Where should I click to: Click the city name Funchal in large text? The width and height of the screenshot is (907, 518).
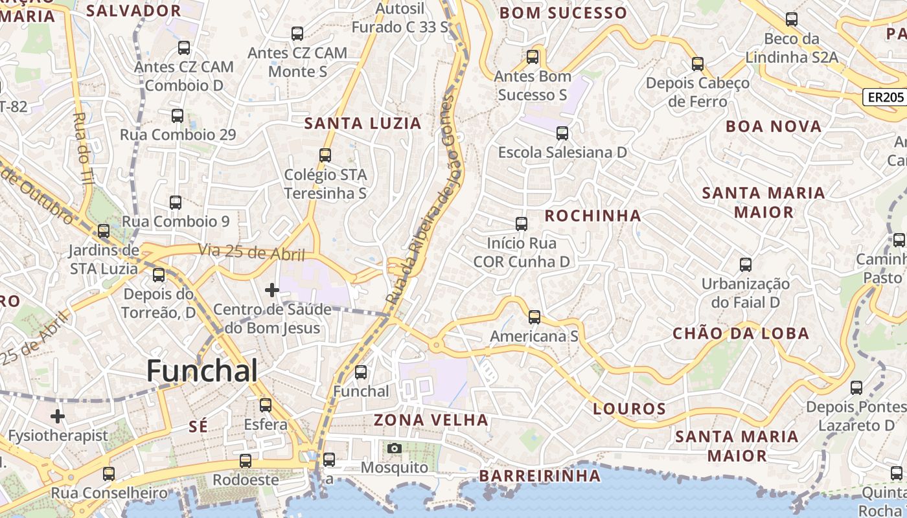coord(202,371)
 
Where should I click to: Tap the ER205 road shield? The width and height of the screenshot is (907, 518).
coord(884,97)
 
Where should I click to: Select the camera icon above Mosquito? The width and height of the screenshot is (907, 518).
coord(394,448)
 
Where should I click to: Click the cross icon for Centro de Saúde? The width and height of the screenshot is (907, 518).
coord(272,290)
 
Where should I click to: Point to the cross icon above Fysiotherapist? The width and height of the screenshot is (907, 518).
coord(58,416)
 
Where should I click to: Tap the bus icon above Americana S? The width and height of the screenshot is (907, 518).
coord(534,317)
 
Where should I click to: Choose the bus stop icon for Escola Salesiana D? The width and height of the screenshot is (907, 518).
coord(562,133)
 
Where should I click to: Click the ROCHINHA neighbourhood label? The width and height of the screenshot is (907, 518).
coord(593,216)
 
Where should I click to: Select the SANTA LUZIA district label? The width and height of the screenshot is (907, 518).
coord(363,123)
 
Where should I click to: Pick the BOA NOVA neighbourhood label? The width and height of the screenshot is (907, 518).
coord(774,126)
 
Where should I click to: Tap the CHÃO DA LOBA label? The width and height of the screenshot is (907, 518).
coord(741,333)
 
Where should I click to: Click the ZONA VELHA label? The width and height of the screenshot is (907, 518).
coord(431,420)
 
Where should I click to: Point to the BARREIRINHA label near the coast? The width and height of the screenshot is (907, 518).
coord(540,476)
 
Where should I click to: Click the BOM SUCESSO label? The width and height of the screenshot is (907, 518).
coord(564,13)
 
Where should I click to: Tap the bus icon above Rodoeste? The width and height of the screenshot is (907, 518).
coord(246,461)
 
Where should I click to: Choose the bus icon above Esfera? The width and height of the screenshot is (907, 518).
coord(266,405)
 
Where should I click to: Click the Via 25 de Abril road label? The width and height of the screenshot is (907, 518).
coord(251,252)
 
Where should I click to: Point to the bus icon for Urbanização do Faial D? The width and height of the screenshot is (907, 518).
coord(746,265)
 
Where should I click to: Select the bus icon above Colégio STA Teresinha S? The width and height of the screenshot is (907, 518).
coord(325,155)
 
